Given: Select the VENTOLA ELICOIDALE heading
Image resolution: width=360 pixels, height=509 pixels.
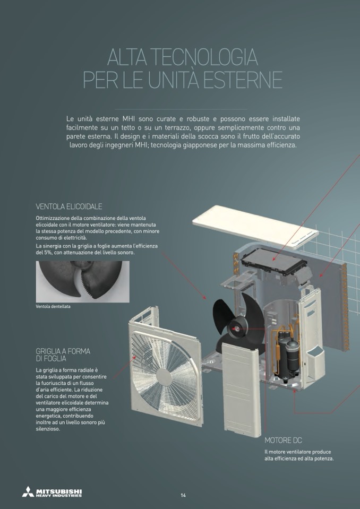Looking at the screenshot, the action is coord(69,206).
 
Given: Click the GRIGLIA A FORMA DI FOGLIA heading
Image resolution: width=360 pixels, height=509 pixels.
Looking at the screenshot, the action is coord(63,355).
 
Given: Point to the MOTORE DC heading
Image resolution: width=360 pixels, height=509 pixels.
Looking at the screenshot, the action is coord(283,441).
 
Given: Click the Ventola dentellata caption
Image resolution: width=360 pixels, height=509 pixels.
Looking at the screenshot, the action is coord(53,306).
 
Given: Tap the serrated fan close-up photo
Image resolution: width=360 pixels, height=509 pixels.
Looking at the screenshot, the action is coord(82,281).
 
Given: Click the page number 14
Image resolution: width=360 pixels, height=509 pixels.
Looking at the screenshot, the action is coord(183,495).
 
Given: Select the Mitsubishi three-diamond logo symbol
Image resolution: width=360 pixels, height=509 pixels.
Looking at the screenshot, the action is coord(28,491).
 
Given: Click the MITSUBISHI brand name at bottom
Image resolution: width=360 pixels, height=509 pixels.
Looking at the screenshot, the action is coord(59,490).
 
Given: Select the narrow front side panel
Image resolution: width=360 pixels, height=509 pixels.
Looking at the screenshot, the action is coord(242,390).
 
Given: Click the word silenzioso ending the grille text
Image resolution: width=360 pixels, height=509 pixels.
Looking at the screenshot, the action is coord(48,429).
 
